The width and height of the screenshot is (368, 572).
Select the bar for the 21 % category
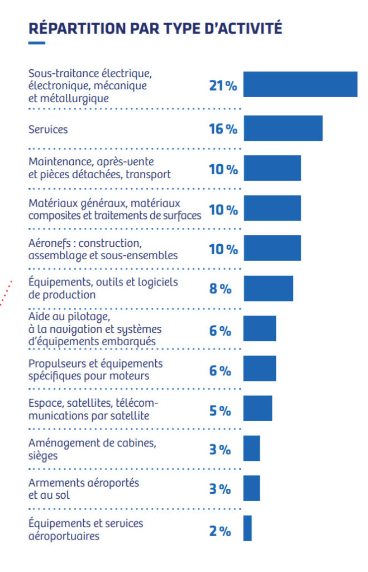point(300,85)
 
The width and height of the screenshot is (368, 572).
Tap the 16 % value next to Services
point(223,129)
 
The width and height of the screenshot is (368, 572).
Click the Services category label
point(48,129)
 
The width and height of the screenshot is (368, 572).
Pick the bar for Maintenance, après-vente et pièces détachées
point(272,168)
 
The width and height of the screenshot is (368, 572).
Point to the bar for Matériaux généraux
point(272,208)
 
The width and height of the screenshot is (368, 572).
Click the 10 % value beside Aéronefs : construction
point(223,249)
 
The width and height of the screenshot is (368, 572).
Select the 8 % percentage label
point(220,289)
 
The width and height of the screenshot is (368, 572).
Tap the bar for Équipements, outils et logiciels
point(268,288)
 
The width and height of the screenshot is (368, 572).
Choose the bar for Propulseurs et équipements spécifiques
point(260,369)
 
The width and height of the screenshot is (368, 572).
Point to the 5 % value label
point(220,411)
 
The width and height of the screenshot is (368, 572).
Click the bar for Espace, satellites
point(257,408)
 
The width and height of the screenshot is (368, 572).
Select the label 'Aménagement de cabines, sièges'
point(92,449)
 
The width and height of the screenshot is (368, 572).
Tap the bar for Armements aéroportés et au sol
point(251,488)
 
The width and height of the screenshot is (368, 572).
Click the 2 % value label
point(220,531)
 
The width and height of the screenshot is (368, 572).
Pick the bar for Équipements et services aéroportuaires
point(247,528)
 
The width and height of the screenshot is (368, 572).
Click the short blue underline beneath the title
point(37,42)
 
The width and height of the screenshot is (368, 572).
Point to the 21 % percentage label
point(223,85)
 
